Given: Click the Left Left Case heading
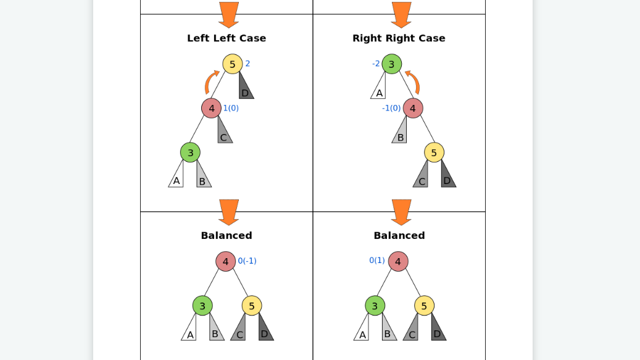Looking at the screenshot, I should click(226, 38).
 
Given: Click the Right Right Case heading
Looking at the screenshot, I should click(399, 38).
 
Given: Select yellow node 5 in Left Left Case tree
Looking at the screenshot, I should click(233, 64).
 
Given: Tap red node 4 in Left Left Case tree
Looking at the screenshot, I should click(211, 108).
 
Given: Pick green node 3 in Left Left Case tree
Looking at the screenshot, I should click(190, 153).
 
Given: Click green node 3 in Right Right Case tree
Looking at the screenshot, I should click(391, 64).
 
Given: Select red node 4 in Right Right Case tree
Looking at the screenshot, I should click(413, 108).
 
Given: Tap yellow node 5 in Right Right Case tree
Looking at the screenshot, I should click(434, 153).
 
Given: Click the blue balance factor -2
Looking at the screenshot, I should click(376, 64).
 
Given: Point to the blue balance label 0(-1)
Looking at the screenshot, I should click(247, 261).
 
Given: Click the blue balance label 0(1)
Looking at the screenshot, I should click(377, 260).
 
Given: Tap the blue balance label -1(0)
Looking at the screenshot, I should click(391, 108).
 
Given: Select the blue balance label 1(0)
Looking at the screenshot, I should click(231, 108).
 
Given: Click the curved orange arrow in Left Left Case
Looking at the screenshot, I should click(210, 82).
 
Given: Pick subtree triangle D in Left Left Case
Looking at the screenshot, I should click(245, 88).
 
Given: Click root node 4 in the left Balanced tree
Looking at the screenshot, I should click(226, 261).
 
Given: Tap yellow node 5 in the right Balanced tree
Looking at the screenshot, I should click(424, 306).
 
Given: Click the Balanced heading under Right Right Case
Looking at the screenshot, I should click(399, 235).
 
